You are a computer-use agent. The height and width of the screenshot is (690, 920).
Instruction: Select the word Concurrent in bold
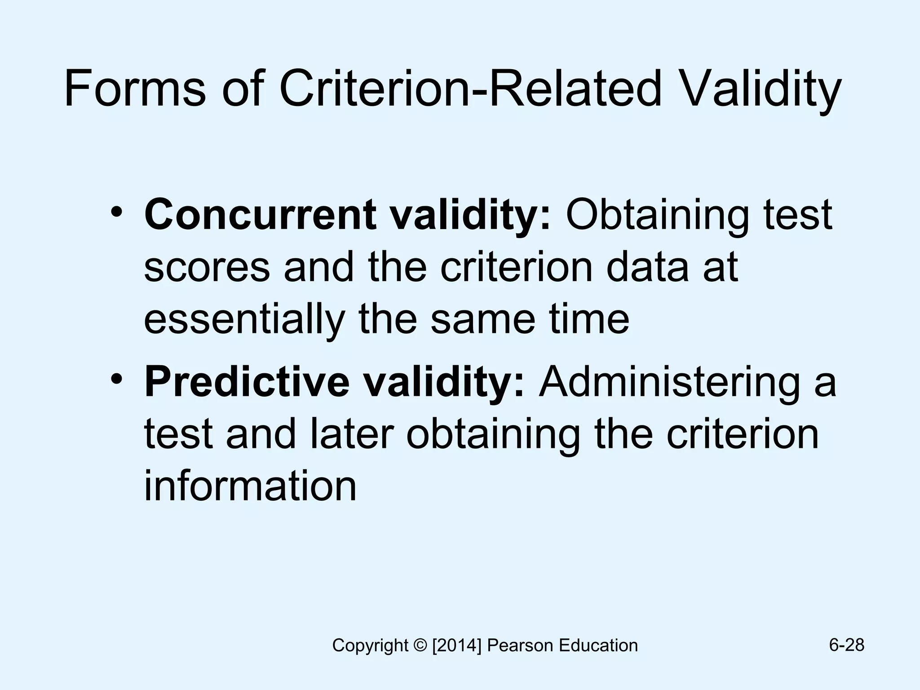(x=261, y=215)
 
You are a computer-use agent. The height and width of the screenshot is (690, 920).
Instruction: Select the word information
(x=250, y=486)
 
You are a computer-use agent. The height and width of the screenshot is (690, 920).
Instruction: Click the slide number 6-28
(x=847, y=645)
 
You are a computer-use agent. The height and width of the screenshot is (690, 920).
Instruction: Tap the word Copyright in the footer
(x=370, y=646)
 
